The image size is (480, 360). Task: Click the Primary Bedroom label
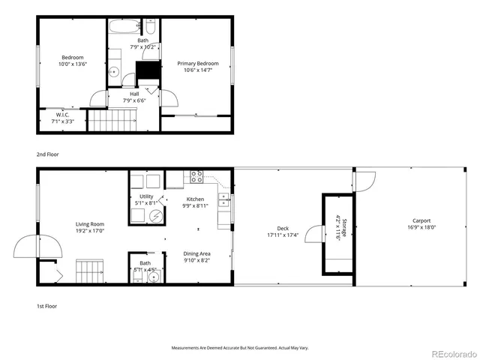[x=198, y=64]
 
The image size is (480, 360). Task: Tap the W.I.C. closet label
[x=62, y=115]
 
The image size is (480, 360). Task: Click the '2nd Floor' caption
[x=47, y=154]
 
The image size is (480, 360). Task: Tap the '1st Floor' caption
[x=47, y=306]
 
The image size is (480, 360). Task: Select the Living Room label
[x=90, y=224]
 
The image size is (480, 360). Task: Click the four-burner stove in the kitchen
[x=196, y=178]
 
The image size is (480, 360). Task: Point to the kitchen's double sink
[x=223, y=199]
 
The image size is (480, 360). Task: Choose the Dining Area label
[x=196, y=253]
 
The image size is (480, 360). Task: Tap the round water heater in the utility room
[x=155, y=217]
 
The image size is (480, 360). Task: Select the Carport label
[x=420, y=221]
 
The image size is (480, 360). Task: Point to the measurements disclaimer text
[x=240, y=348]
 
